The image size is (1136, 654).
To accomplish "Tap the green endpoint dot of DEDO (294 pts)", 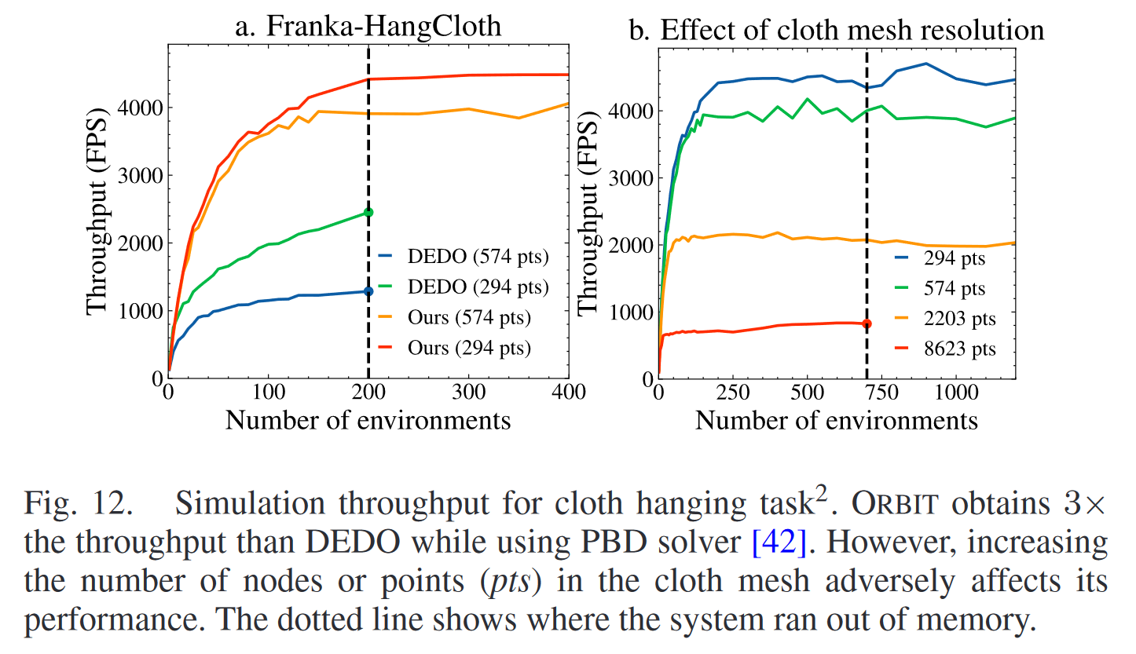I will (x=368, y=213).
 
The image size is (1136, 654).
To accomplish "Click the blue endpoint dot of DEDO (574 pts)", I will (x=368, y=292).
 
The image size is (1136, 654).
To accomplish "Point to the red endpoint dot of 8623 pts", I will (x=867, y=323).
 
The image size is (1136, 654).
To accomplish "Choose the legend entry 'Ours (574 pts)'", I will (x=469, y=318).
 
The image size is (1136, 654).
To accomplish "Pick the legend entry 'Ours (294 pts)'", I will (x=469, y=349).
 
